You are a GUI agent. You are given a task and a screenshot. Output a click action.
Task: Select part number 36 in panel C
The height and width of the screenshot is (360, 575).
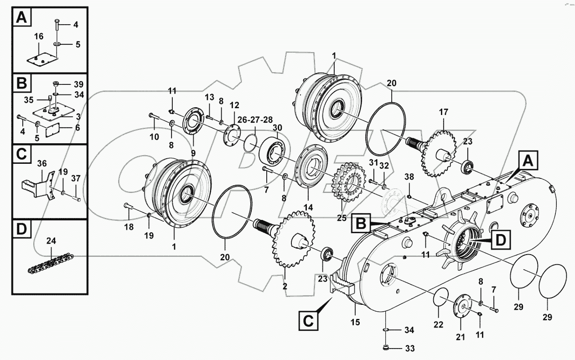pos(42,162)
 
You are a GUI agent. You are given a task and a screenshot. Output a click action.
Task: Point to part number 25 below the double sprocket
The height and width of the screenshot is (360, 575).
pos(342,218)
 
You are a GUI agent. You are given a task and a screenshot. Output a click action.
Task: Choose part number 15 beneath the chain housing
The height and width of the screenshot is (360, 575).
pos(355,322)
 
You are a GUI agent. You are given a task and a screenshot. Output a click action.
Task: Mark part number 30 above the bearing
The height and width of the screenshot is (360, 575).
pos(277,128)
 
